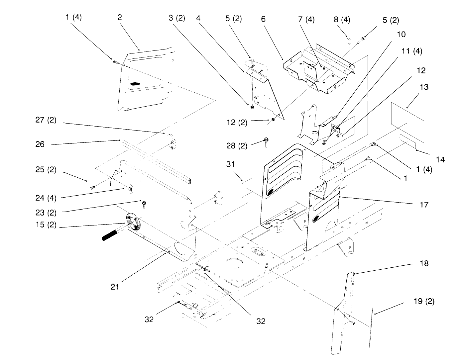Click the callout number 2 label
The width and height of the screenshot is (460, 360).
(120, 18)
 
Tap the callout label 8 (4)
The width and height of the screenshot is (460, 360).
(342, 20)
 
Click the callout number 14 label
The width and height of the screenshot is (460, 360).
(440, 160)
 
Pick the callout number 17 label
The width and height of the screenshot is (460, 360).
(424, 205)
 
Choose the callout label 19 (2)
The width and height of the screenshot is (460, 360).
(424, 301)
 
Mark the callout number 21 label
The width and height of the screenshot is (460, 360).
(115, 287)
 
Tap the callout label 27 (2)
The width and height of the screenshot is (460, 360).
(46, 120)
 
